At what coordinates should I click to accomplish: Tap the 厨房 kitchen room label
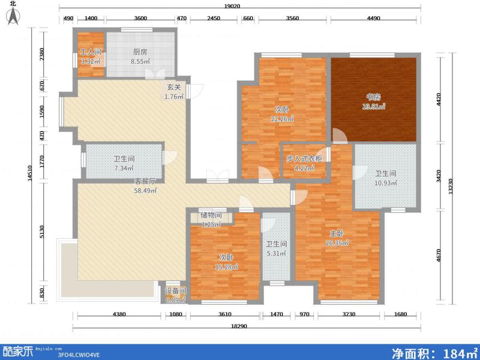140,52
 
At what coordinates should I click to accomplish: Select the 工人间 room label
91,52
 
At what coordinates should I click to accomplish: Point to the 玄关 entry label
173,88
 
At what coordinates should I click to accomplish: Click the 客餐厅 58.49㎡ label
145,181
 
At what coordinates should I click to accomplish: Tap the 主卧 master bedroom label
337,233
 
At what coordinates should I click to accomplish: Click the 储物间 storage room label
211,215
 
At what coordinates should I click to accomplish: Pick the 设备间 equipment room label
175,291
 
